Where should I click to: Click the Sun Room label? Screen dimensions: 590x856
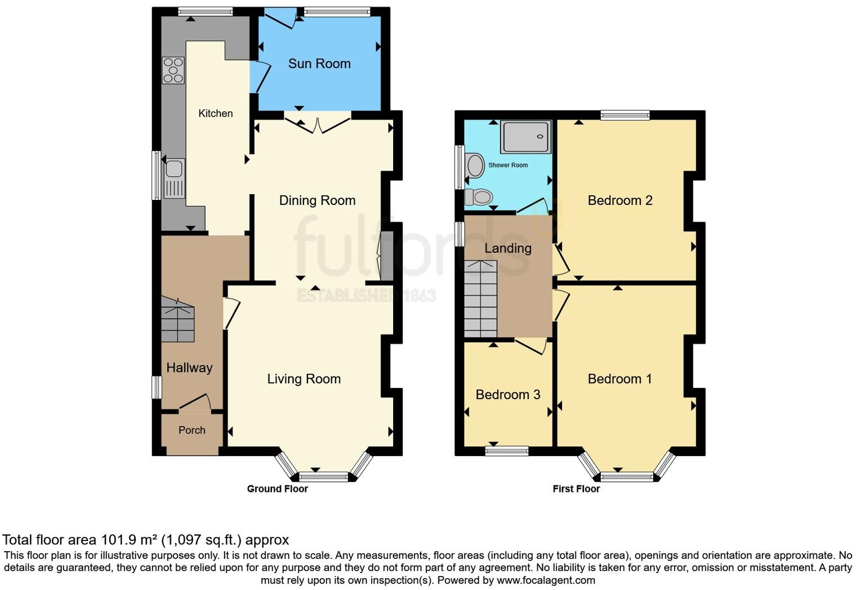click(319, 64)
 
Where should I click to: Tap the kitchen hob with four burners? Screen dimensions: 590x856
click(173, 70)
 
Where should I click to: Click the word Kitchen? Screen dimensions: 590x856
click(215, 113)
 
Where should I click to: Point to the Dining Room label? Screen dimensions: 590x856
click(317, 200)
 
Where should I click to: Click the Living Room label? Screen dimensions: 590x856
click(304, 379)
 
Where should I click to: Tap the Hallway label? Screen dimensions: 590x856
click(189, 368)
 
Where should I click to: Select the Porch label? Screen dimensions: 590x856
click(191, 430)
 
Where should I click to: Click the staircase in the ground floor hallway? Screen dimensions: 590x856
click(178, 321)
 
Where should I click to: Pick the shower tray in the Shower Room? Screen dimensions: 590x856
click(525, 136)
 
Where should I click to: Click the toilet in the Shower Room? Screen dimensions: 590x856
click(479, 197)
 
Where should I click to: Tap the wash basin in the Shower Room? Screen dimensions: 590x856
click(475, 166)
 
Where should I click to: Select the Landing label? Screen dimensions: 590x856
click(507, 248)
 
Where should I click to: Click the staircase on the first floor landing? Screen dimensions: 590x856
click(480, 298)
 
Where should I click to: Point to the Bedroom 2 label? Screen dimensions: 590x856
click(619, 200)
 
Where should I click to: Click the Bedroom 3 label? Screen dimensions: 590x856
click(507, 395)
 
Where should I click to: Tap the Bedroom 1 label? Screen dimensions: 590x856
click(619, 379)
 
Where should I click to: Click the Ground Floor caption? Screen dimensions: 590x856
click(277, 489)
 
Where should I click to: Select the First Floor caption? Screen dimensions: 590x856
click(576, 489)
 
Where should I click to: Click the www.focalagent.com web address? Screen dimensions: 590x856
click(545, 580)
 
